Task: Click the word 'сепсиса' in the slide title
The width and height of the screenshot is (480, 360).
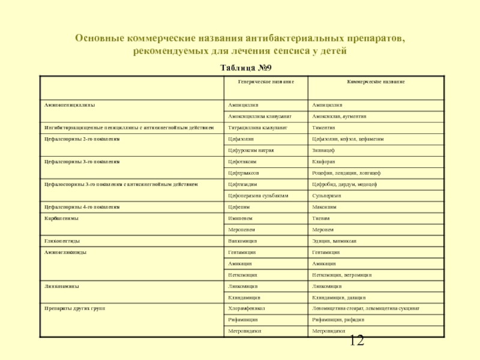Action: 287,52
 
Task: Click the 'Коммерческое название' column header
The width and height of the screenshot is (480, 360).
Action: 376,81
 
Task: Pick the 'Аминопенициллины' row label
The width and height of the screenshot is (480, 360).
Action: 70,104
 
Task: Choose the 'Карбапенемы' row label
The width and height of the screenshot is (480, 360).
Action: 61,218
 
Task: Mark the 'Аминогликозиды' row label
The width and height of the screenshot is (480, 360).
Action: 66,253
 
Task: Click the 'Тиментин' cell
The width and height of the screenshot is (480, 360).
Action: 323,128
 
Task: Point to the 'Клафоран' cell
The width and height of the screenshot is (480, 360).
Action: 324,161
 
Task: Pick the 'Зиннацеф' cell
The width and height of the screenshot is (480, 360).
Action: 325,150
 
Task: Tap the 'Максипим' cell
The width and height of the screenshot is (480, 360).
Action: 325,207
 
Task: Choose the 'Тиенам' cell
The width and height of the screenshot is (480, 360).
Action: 322,218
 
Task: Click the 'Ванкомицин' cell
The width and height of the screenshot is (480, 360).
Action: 243,241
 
